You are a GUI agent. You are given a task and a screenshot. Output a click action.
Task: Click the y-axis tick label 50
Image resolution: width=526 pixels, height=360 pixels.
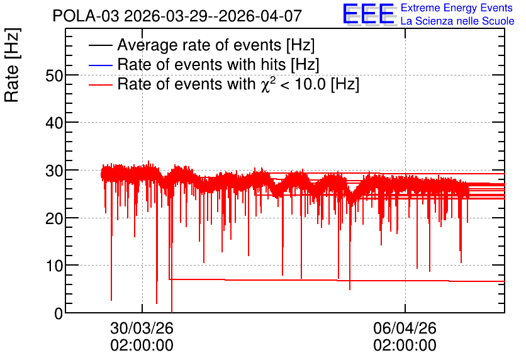point(54,76)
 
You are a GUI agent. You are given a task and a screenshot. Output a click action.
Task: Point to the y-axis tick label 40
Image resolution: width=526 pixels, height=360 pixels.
point(54,123)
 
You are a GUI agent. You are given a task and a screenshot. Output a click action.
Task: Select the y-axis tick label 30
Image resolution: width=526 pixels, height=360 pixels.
point(54,171)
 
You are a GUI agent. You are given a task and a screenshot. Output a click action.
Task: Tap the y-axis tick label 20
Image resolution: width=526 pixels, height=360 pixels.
point(54,219)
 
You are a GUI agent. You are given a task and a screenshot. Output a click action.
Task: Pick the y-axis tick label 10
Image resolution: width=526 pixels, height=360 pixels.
point(54,266)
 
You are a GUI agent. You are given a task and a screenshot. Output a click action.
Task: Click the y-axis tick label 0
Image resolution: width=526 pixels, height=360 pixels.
point(59,313)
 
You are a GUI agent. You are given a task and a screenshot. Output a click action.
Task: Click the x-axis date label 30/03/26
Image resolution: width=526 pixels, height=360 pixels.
point(142,328)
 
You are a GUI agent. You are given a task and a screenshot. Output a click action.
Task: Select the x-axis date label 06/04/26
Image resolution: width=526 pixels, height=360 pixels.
point(405,328)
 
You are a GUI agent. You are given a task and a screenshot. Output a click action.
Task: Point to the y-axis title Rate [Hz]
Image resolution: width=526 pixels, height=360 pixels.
point(12,65)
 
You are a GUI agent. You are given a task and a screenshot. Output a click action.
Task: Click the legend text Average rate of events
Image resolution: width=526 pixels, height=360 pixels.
point(199,45)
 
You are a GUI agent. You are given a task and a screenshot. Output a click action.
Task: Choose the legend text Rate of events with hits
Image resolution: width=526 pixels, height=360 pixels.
point(201,64)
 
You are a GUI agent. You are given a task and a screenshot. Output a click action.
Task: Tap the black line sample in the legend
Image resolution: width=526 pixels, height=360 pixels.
point(100,45)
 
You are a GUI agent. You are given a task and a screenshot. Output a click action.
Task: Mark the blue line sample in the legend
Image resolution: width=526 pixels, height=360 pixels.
point(100,65)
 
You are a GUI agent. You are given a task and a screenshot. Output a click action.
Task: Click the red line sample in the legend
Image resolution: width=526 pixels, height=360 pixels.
point(100,84)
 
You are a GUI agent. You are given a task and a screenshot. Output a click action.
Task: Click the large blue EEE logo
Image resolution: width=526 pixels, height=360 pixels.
point(369,14)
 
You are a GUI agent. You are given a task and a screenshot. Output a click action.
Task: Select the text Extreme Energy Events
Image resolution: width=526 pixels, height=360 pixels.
point(457,8)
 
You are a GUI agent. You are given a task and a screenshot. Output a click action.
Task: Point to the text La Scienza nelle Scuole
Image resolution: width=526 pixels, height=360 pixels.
point(457,21)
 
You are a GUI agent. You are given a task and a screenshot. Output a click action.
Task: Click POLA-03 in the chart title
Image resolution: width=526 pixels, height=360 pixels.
point(86,16)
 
